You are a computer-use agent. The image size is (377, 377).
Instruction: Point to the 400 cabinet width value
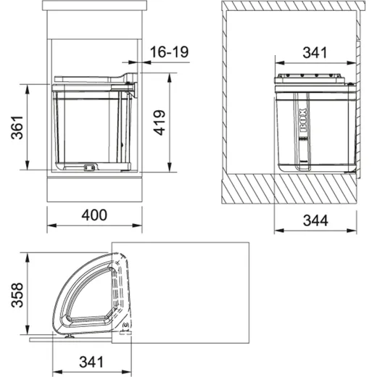pyautogui.click(x=94, y=215)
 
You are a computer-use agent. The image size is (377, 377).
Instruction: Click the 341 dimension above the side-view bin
pyautogui.click(x=314, y=52)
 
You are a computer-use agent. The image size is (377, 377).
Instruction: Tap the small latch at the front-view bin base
pyautogui.click(x=89, y=167)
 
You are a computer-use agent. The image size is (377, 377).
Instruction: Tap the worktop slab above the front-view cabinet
pyautogui.click(x=94, y=8)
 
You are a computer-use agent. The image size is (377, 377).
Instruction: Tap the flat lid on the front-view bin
pyautogui.click(x=87, y=78)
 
